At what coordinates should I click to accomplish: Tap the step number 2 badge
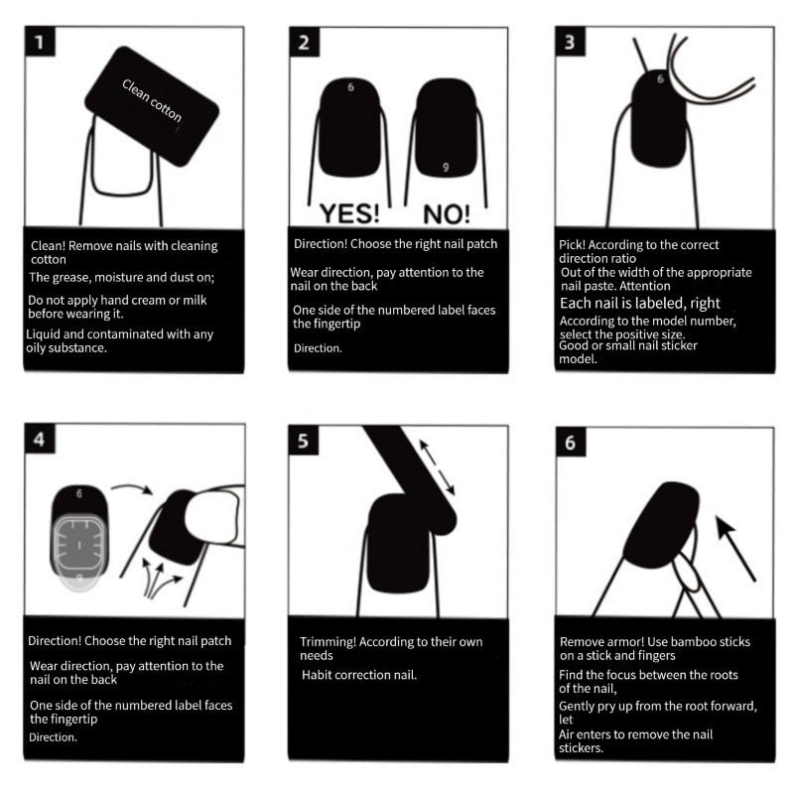tap(304, 43)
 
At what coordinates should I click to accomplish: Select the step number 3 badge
tap(570, 43)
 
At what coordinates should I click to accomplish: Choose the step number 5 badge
tap(304, 442)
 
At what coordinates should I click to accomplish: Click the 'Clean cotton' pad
tap(152, 103)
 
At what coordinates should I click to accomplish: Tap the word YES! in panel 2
tap(347, 212)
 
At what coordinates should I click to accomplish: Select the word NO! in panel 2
tap(447, 212)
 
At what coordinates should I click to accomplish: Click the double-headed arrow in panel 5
tap(437, 466)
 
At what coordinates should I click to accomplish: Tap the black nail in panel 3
tap(658, 119)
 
